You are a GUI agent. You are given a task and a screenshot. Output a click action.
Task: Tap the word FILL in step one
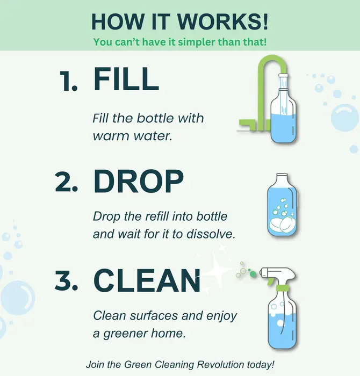point(126,79)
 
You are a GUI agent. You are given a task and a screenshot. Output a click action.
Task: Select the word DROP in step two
point(139,183)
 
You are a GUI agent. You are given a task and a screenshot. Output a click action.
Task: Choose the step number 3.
point(67,280)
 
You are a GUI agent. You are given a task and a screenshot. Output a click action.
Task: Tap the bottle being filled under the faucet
point(283,118)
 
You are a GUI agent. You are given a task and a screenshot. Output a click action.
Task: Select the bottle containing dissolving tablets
point(283,207)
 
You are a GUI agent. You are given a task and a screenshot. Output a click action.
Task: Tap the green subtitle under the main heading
point(179,41)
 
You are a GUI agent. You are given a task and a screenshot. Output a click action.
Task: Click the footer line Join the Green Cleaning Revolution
point(179,364)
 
